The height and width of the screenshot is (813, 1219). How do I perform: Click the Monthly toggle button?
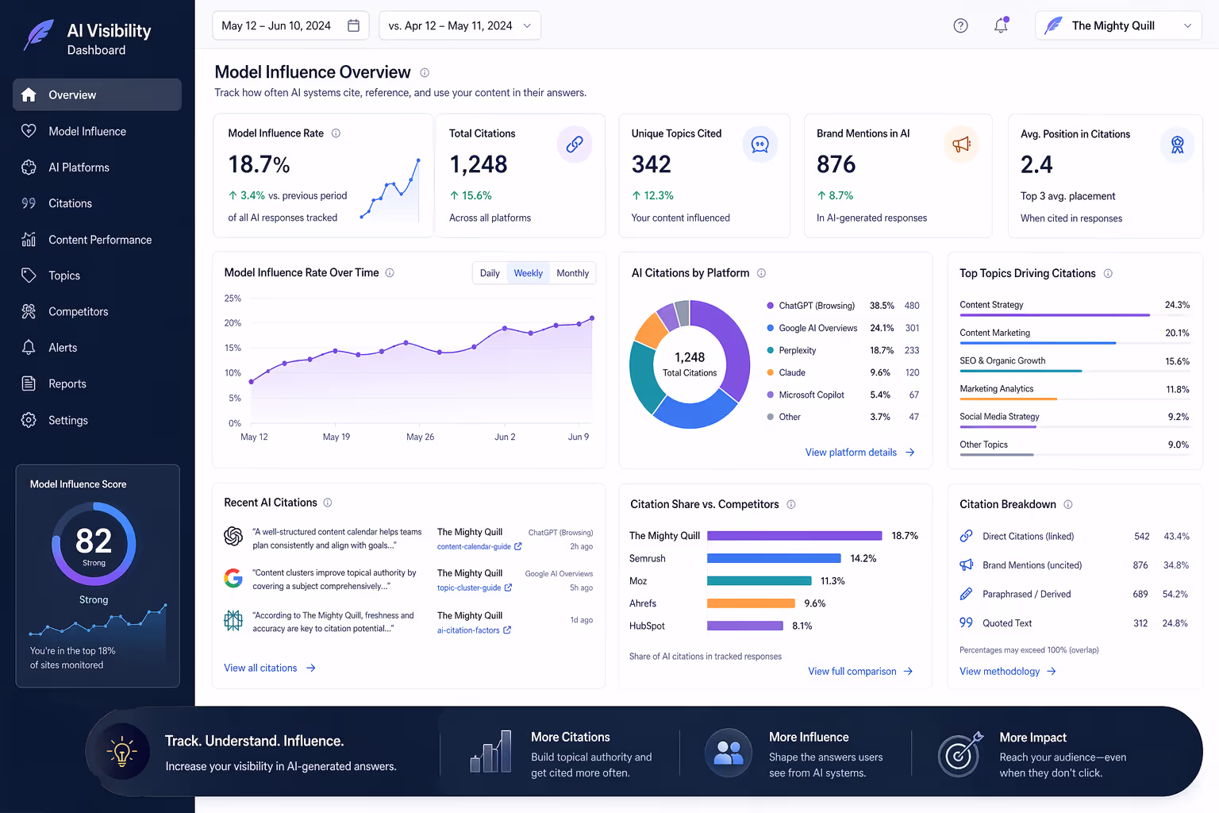[572, 273]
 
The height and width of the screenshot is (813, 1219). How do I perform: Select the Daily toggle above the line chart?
[490, 273]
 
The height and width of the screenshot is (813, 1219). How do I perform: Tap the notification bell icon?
[1001, 25]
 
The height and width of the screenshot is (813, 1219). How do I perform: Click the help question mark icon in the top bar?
[960, 25]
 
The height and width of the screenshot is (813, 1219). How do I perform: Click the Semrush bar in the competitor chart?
[773, 558]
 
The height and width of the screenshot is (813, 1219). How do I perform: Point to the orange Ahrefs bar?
[750, 603]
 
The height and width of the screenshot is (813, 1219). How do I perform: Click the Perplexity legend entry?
[797, 350]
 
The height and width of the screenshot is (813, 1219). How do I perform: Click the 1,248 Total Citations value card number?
[478, 164]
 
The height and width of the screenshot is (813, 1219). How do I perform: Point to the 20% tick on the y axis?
[233, 323]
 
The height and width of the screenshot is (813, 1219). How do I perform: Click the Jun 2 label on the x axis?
[505, 437]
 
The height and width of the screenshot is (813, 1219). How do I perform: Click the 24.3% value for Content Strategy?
[1176, 305]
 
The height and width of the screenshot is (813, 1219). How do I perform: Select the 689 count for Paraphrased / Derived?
[1140, 594]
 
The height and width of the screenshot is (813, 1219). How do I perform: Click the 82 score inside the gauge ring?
[94, 541]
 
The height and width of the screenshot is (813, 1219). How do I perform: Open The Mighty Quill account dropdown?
[1117, 25]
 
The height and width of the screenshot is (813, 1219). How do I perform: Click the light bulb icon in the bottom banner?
[122, 751]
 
